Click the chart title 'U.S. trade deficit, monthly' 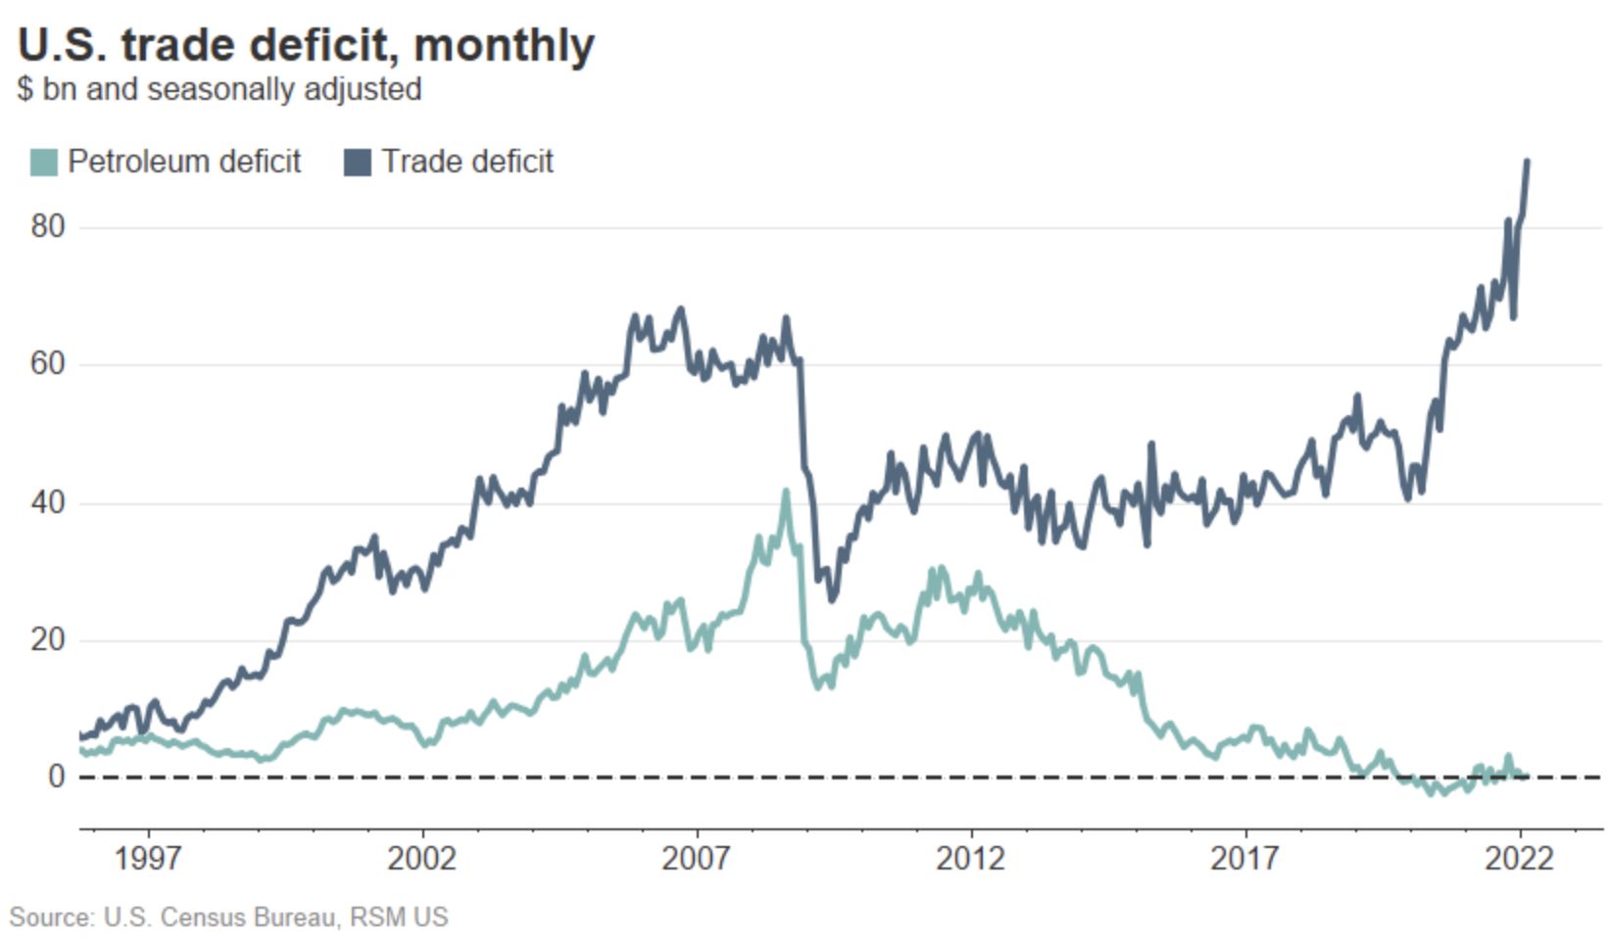306,45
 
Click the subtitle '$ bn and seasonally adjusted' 219,89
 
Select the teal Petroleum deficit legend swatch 44,162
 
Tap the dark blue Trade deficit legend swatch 358,162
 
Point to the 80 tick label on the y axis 47,226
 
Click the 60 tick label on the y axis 47,364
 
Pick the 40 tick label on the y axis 47,502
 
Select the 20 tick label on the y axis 47,639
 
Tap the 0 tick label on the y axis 56,776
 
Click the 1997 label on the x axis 147,859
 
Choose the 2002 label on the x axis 421,859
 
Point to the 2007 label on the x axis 696,859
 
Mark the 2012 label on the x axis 970,859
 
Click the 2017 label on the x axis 1244,859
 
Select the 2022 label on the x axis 1519,859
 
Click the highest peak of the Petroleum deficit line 786,492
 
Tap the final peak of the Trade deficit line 1528,162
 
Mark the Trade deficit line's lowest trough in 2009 832,599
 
